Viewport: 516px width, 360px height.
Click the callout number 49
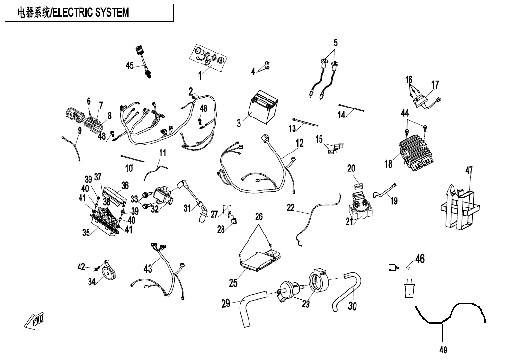(x=443, y=350)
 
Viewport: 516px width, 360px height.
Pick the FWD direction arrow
(x=35, y=321)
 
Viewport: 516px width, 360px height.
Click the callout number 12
(x=300, y=143)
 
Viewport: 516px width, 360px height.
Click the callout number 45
(x=129, y=66)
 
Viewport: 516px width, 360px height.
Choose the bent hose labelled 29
(x=251, y=310)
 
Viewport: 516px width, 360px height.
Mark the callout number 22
(x=291, y=207)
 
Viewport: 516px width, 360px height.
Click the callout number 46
(x=420, y=259)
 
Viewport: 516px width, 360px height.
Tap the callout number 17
(x=435, y=85)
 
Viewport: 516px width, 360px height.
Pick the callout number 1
(x=200, y=75)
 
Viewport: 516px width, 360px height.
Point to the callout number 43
(x=148, y=269)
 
